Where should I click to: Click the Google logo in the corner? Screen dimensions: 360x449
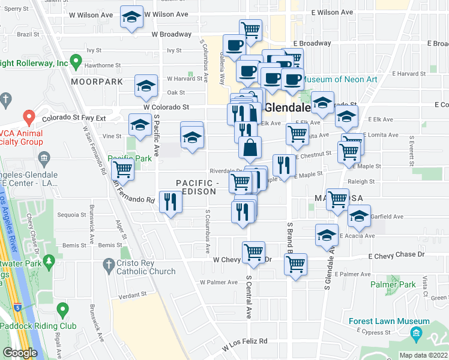20,353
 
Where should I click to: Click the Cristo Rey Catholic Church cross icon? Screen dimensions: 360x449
108,264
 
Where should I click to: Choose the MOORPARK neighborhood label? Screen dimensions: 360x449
97,82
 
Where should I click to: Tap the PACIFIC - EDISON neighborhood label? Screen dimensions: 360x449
196,187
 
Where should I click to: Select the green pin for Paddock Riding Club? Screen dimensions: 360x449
62,310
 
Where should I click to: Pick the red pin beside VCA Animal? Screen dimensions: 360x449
28,116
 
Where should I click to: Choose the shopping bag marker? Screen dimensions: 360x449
250,147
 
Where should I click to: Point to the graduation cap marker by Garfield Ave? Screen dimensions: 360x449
359,217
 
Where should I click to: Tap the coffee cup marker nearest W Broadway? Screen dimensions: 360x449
234,44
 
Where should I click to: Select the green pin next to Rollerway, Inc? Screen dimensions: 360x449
76,61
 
